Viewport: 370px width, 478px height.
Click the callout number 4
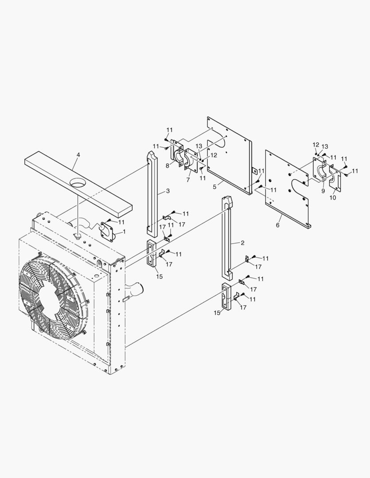[78, 155]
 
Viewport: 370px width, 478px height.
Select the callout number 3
[167, 191]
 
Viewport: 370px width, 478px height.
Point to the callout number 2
[242, 243]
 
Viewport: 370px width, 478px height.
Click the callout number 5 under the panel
[214, 187]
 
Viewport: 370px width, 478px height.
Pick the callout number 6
[277, 225]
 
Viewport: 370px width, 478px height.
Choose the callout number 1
[124, 231]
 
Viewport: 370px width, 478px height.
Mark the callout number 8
[167, 166]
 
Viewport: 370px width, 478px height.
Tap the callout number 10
[332, 198]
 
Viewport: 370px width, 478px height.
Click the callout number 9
[323, 191]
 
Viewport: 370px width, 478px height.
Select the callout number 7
[187, 180]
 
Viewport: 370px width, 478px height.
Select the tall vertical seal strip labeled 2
[227, 239]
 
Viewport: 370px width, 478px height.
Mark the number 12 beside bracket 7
[214, 155]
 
